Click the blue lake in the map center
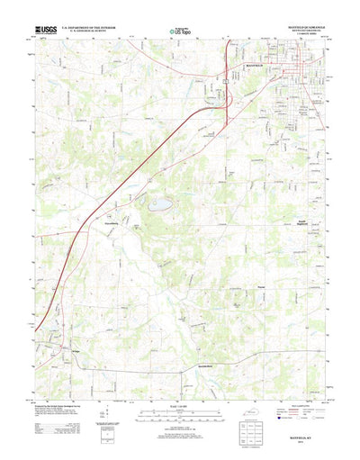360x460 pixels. tap(161, 204)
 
